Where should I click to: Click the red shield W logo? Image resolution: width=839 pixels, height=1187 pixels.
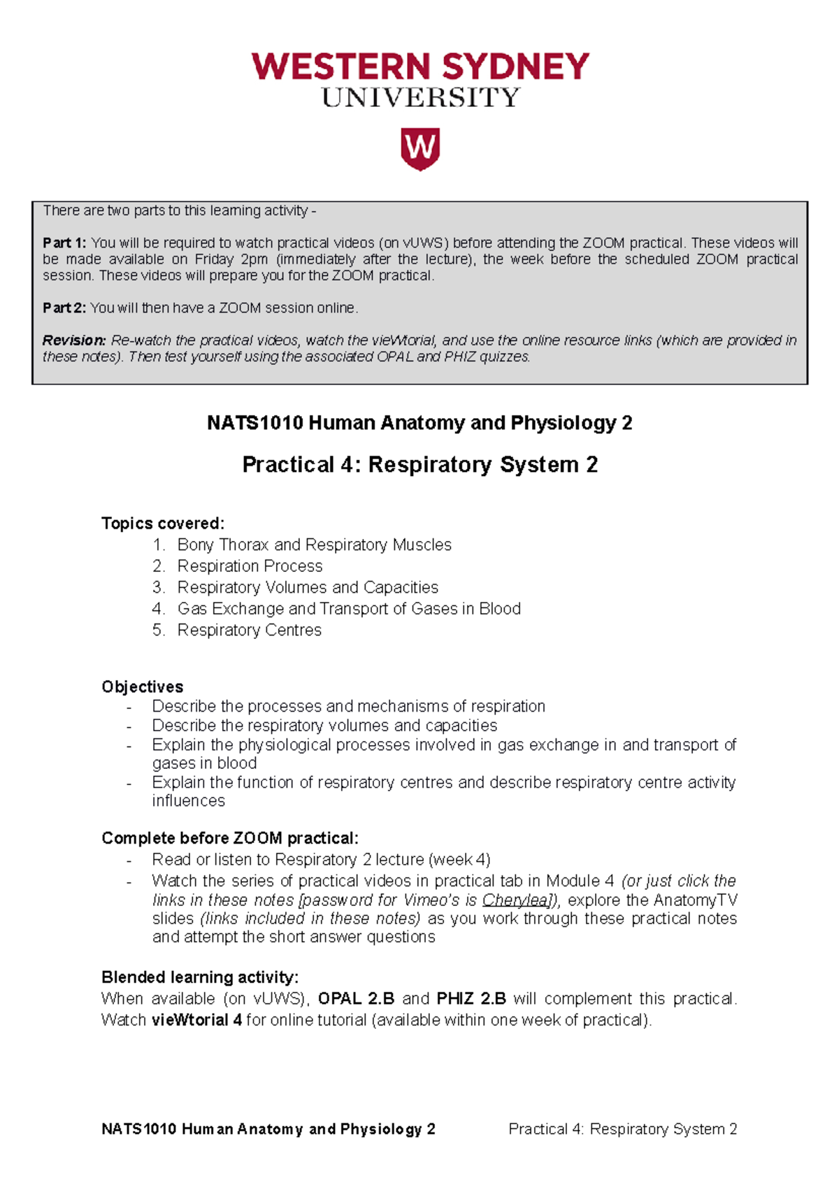tap(419, 148)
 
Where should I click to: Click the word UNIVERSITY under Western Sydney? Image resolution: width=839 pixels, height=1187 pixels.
tap(420, 98)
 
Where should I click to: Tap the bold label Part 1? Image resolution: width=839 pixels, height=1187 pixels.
tap(64, 243)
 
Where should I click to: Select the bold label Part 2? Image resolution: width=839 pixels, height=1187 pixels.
tap(64, 308)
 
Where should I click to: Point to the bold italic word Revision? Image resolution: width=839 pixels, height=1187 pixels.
tap(74, 340)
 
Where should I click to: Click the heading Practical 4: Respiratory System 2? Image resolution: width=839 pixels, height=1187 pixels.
tap(419, 465)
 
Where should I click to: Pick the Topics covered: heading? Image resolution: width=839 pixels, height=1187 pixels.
tap(163, 524)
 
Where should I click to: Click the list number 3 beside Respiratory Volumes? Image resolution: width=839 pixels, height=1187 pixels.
tap(158, 587)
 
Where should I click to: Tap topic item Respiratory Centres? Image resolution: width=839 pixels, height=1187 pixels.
tap(250, 630)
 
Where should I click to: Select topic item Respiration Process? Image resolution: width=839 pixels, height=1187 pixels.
tap(250, 566)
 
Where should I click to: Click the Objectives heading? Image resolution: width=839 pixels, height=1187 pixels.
tap(143, 686)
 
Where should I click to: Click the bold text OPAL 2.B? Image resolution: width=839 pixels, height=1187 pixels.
tap(356, 998)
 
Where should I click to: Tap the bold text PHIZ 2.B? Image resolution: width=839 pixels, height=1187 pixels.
tap(471, 998)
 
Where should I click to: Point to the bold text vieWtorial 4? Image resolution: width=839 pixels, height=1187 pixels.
tap(197, 1020)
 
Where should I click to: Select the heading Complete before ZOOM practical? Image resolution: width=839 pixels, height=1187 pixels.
tap(230, 837)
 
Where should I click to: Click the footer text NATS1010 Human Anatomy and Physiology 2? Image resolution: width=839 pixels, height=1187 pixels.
tap(268, 1129)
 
